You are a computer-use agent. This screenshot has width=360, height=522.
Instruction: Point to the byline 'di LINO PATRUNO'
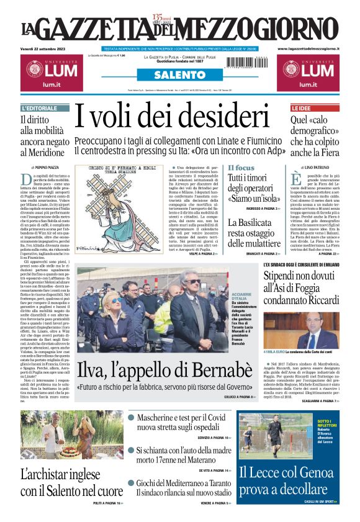coord(317,168)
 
